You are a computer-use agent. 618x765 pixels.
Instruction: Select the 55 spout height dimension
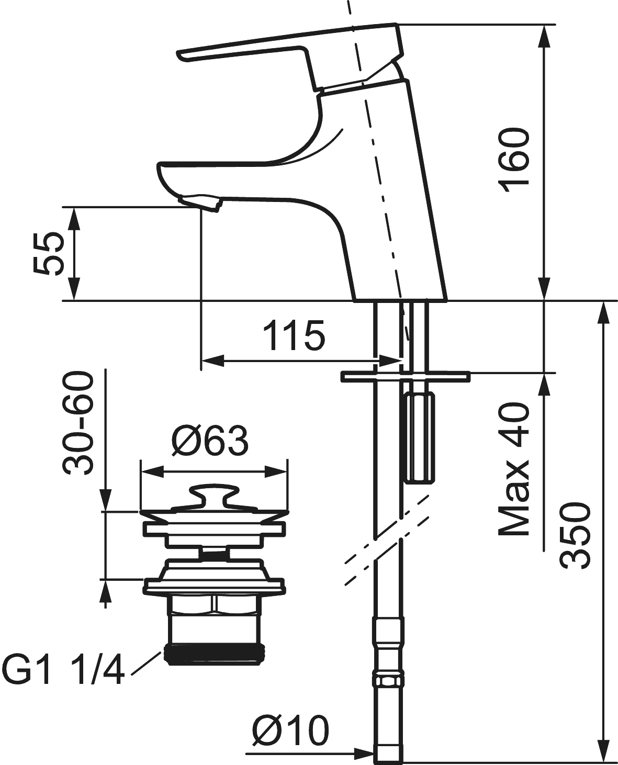48,254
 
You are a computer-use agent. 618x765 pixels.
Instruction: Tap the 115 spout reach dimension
294,335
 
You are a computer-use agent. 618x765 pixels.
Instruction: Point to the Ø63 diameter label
210,441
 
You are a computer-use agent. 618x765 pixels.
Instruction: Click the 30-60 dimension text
77,424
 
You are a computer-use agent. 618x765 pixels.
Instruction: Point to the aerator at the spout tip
201,202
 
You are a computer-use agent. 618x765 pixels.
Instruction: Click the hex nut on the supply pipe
388,681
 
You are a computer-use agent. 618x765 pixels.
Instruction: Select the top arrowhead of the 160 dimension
544,37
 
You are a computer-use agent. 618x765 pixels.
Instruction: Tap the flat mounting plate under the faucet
405,375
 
